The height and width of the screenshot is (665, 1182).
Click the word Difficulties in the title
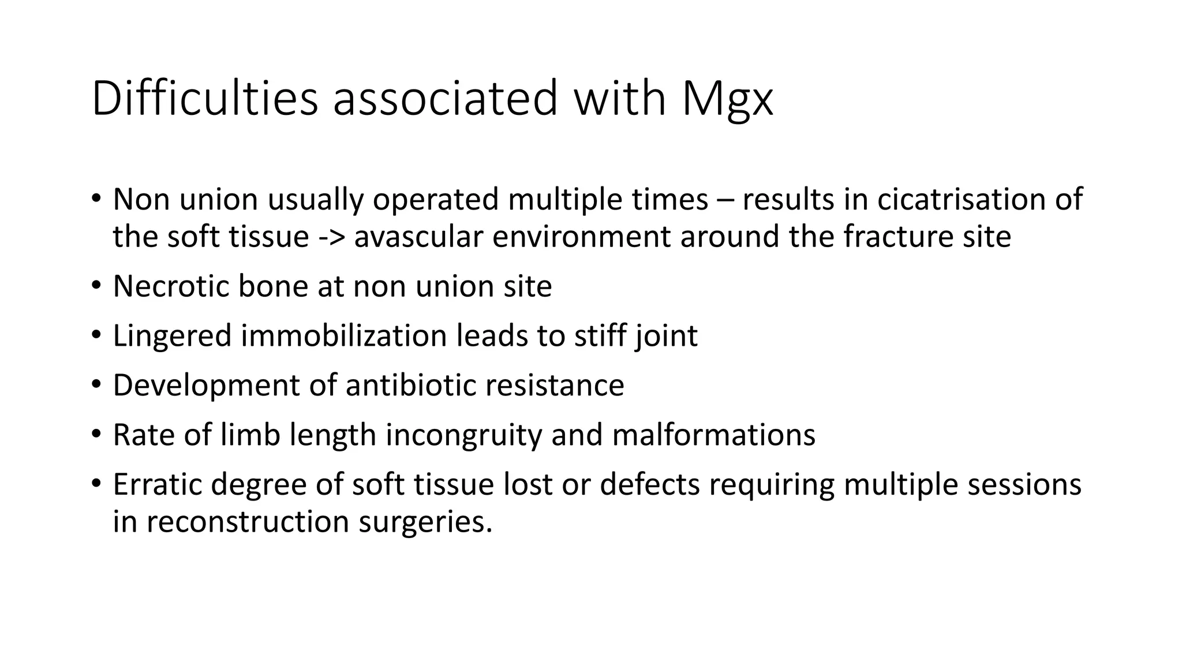click(x=204, y=98)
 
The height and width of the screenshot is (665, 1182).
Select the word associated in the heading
click(x=446, y=98)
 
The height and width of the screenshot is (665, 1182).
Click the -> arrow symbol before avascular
click(x=331, y=237)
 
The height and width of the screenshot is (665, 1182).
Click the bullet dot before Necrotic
click(x=96, y=286)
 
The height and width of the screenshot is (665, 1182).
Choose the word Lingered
click(x=172, y=337)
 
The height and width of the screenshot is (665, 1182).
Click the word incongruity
click(x=463, y=435)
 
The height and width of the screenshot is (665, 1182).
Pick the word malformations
click(x=713, y=435)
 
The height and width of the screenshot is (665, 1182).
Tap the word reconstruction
click(x=248, y=521)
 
